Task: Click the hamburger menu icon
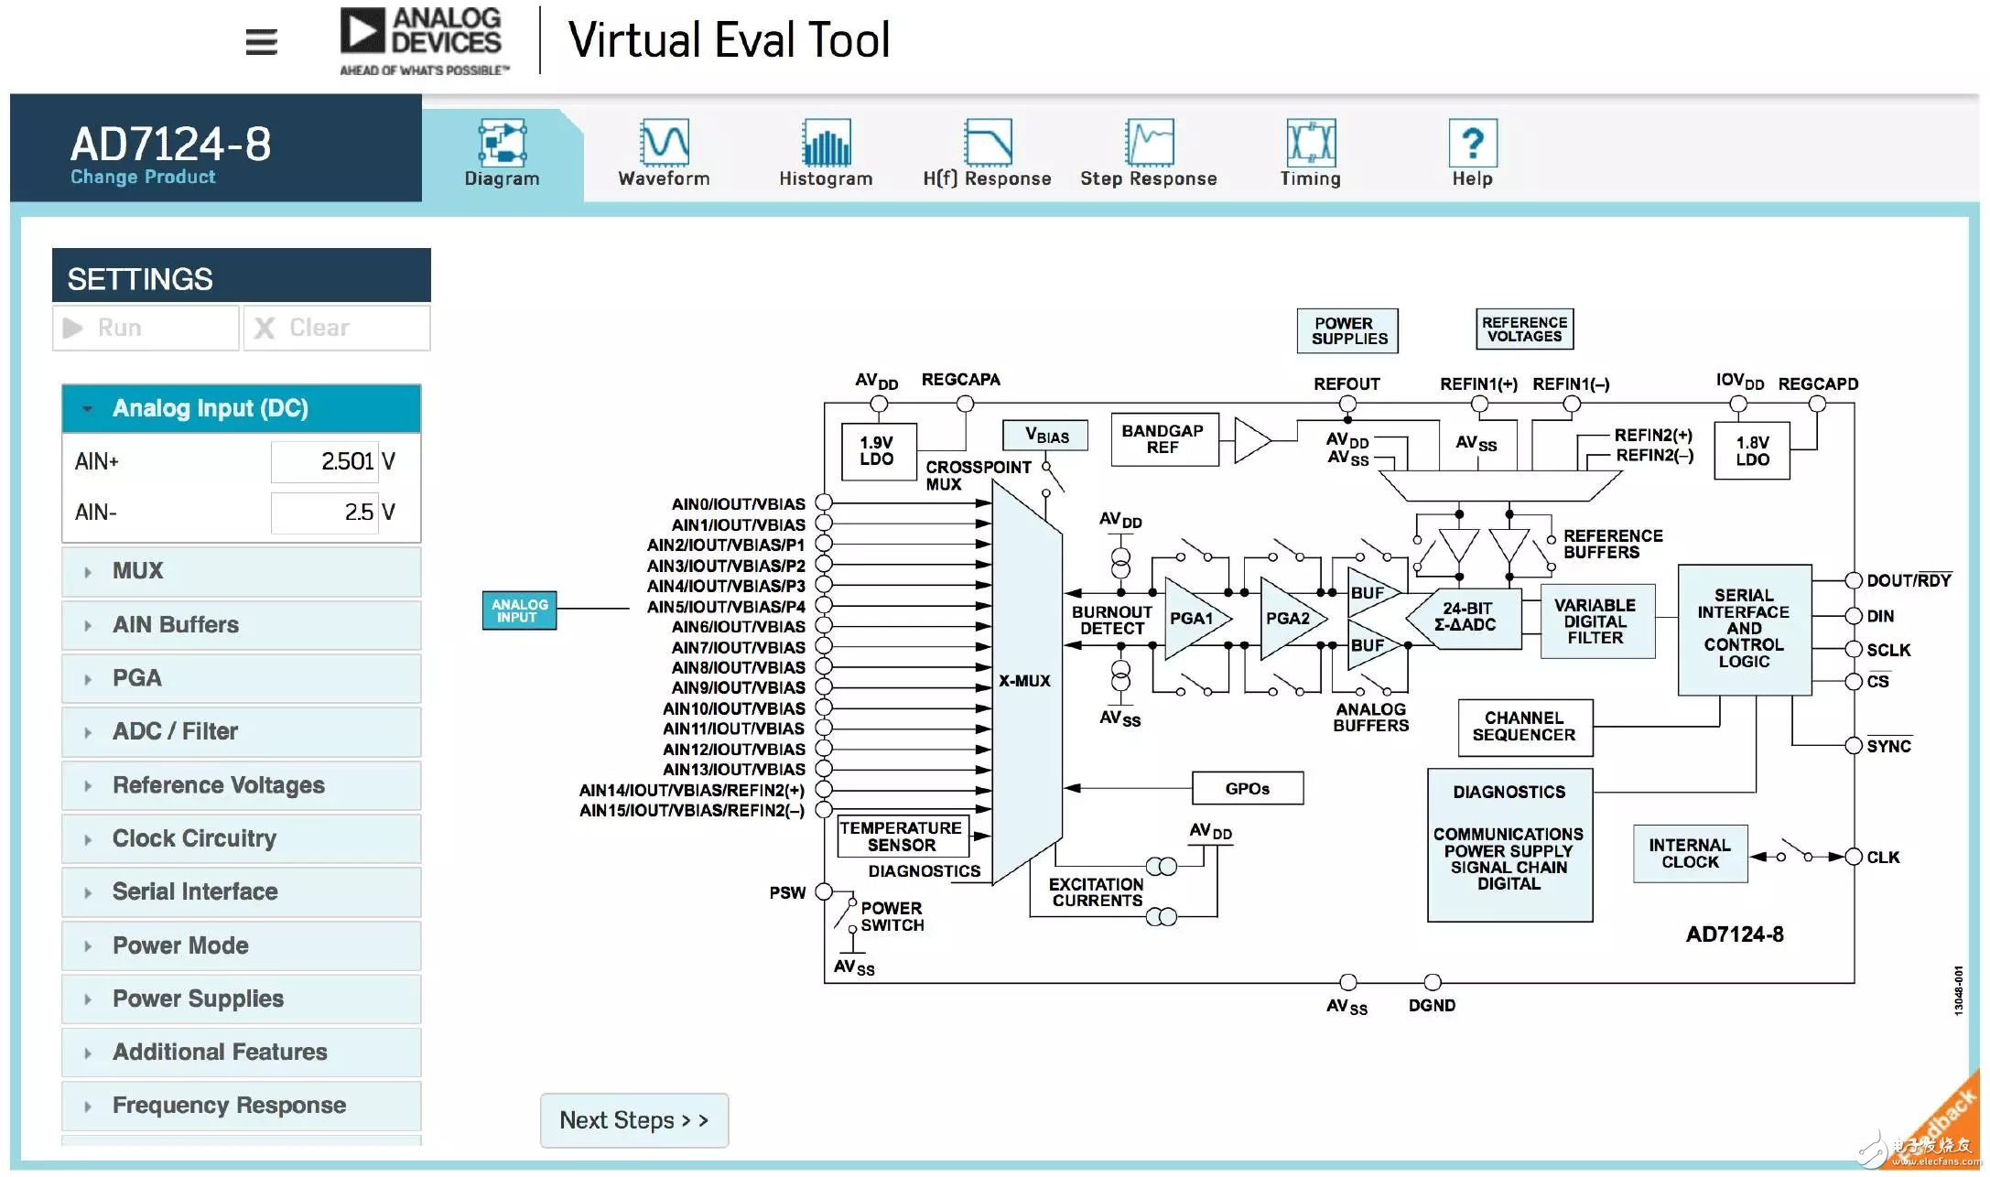261,41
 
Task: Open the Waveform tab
664,153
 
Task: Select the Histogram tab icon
827,143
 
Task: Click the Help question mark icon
1473,143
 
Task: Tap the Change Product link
143,177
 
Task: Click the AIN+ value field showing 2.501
324,461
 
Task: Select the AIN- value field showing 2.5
324,513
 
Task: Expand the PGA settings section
241,678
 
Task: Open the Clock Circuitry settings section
241,838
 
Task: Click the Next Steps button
634,1120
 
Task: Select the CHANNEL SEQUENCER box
1525,728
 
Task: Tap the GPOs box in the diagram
1248,788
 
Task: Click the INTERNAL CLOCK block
1691,854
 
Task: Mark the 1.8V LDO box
1752,450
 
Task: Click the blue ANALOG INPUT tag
519,610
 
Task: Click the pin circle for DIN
1854,616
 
